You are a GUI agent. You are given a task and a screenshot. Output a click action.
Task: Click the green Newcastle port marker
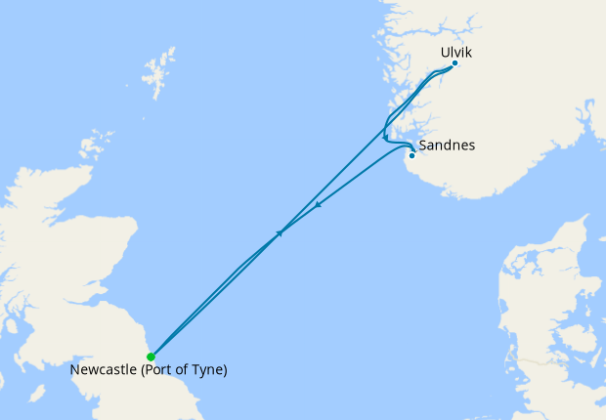(x=151, y=357)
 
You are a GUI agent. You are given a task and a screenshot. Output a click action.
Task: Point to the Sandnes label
(x=446, y=146)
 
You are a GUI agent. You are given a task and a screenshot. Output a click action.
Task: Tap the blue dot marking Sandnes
(x=411, y=155)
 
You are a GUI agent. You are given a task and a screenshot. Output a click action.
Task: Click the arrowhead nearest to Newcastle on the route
(x=280, y=233)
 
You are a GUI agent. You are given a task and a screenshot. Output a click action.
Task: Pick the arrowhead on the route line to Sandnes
(x=320, y=205)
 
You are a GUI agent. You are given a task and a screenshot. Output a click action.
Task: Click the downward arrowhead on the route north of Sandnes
(x=385, y=137)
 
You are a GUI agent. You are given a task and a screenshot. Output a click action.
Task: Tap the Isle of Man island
(x=37, y=393)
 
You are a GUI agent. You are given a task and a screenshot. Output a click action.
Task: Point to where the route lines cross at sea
(x=276, y=235)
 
